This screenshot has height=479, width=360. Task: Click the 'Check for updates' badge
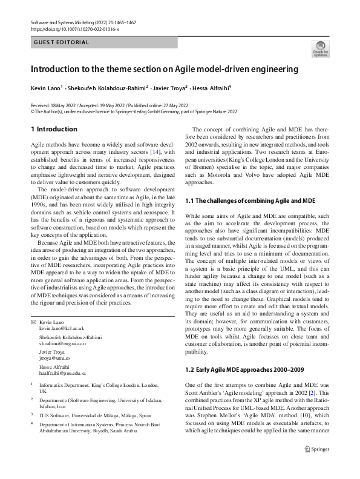pos(319,49)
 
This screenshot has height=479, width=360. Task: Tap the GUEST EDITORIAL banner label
pos(62,42)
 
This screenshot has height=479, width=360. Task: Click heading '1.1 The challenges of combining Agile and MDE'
pos(250,200)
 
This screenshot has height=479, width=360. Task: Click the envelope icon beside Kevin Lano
pos(33,320)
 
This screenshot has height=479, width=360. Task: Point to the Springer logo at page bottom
pos(318,466)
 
